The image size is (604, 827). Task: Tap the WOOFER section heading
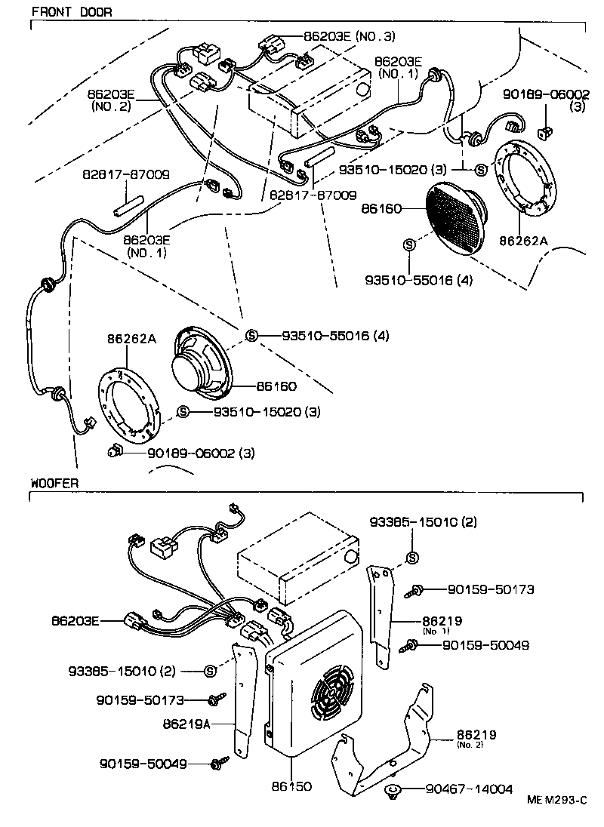[x=54, y=482]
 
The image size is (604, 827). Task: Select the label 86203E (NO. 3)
[x=349, y=35]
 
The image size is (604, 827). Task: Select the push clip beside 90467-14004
[x=393, y=791]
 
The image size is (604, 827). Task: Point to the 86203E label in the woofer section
[x=75, y=620]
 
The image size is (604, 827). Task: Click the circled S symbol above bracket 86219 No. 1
[x=412, y=558]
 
